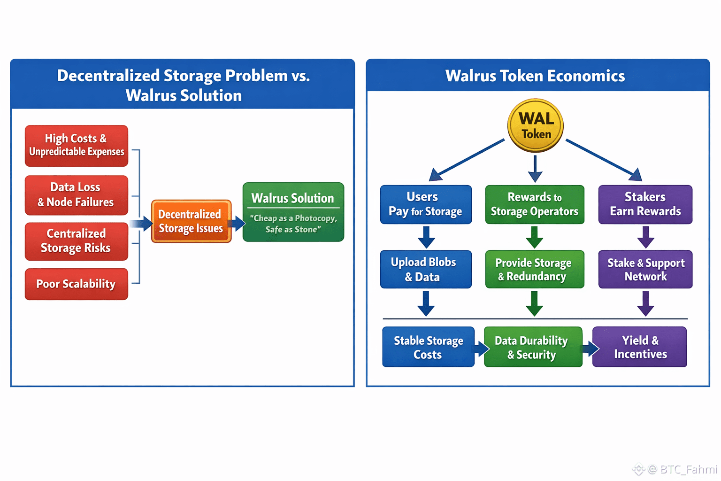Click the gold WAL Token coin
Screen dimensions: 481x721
535,125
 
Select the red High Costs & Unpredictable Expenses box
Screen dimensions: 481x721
77,146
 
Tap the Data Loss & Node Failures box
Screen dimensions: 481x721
77,195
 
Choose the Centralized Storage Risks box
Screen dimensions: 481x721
77,241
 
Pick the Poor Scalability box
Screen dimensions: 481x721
77,284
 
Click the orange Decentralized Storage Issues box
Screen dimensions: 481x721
191,221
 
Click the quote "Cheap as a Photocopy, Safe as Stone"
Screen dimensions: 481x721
293,224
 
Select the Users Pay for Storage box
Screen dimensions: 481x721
426,204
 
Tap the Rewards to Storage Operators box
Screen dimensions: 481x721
535,204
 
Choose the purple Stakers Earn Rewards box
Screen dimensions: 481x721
645,204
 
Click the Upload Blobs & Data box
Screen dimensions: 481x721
426,269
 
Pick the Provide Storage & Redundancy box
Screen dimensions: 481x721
535,269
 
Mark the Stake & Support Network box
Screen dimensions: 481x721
645,269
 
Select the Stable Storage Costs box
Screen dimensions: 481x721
428,347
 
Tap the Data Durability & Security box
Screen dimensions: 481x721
533,347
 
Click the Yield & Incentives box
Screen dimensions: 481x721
640,347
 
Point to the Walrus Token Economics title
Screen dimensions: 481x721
535,76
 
